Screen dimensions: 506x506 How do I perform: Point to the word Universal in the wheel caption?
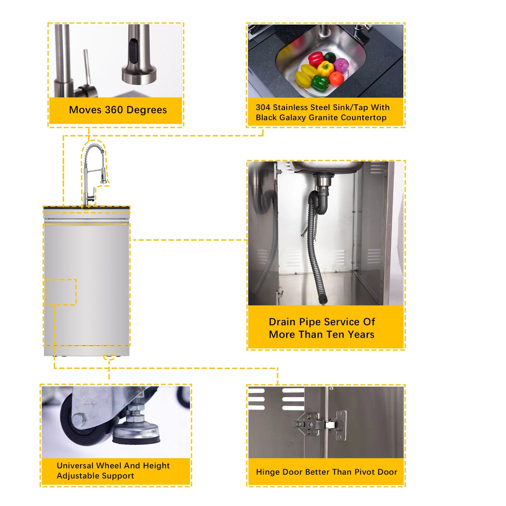75,466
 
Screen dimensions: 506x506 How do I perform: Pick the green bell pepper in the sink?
320,83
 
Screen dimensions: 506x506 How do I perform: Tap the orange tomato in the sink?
336,78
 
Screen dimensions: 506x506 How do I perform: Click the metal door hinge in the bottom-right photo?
320,425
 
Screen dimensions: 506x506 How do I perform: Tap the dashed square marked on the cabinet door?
61,292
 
